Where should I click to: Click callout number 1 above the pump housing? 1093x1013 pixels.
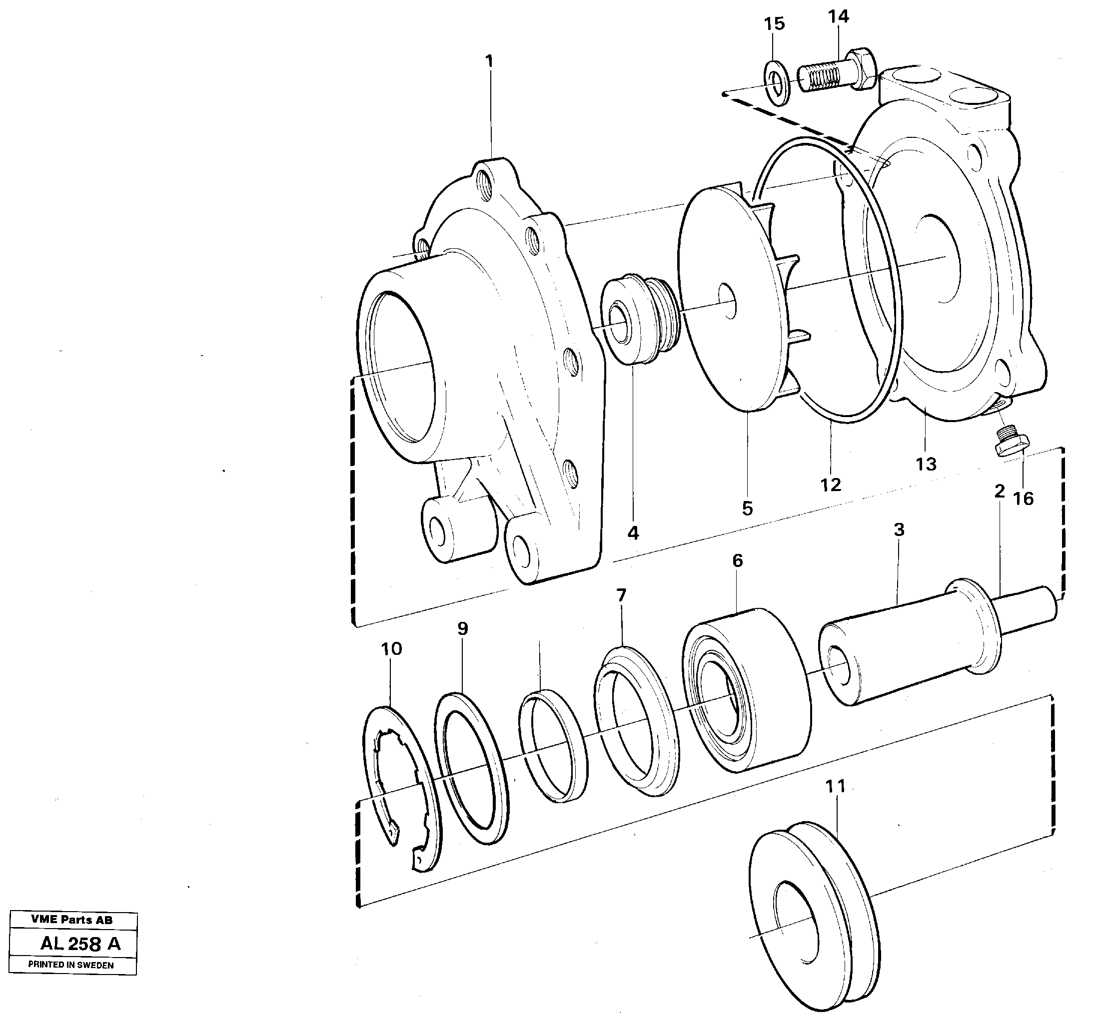tap(489, 61)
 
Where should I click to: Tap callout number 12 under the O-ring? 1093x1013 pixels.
tap(830, 485)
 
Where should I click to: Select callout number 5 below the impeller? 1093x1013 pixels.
tap(748, 508)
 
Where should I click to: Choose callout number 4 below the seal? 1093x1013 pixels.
tap(633, 533)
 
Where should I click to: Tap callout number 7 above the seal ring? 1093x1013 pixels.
tap(621, 595)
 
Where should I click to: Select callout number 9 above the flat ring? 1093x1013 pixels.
tap(463, 629)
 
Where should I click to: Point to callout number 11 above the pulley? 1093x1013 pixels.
tap(835, 787)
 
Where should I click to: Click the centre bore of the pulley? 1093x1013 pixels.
tap(795, 924)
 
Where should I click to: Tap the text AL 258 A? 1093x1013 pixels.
tap(80, 944)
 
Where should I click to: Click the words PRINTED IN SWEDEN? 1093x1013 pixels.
tap(71, 966)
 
